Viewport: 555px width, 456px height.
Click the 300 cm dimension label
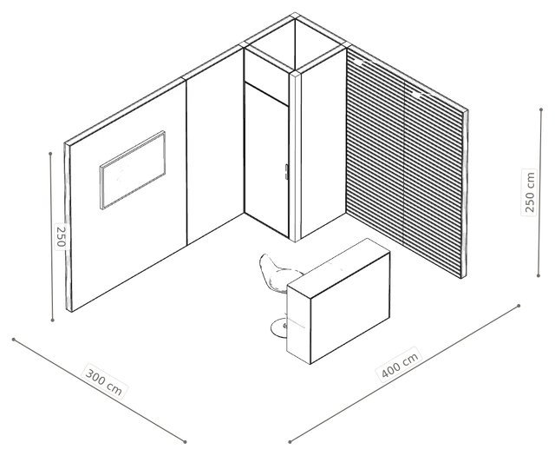pos(104,382)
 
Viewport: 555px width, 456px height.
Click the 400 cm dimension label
pos(400,365)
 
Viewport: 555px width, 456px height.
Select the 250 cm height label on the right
pos(530,192)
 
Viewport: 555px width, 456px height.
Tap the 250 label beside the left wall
pos(61,235)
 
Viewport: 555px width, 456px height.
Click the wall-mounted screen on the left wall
pos(133,170)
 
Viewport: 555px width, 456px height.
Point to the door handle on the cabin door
pos(286,171)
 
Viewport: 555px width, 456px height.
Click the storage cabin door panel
pos(266,160)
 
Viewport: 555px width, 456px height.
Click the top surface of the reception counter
pos(339,268)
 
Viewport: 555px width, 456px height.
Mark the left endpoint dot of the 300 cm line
pos(14,340)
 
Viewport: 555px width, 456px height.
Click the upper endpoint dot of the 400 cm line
pos(519,306)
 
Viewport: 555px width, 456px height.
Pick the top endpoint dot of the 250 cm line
pos(541,109)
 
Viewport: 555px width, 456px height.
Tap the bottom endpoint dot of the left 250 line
pos(53,321)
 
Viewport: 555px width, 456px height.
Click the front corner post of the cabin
pos(295,156)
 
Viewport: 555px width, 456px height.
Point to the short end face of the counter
pos(298,323)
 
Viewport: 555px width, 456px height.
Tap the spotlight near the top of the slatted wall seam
pos(417,95)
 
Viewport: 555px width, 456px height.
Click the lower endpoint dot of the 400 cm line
pos(290,442)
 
